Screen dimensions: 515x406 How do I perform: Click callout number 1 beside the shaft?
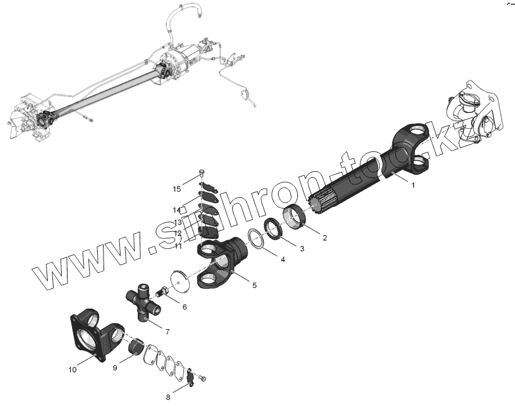click(x=413, y=185)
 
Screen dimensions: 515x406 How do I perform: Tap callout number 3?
click(x=301, y=249)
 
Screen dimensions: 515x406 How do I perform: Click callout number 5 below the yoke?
click(x=254, y=285)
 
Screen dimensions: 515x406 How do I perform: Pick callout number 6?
click(x=184, y=306)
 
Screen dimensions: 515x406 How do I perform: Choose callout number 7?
click(x=167, y=331)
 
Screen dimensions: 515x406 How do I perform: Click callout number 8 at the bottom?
click(x=168, y=397)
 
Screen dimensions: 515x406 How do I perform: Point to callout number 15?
click(x=177, y=189)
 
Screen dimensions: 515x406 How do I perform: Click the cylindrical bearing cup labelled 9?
click(x=137, y=348)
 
